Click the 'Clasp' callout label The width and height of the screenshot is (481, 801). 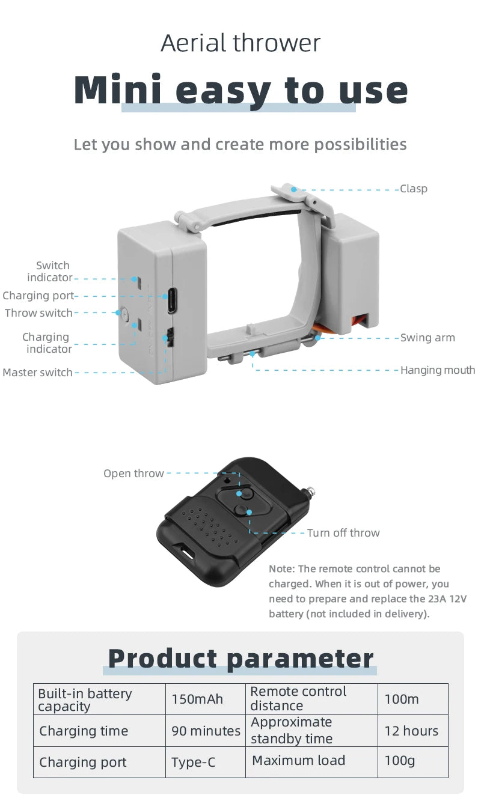pyautogui.click(x=414, y=189)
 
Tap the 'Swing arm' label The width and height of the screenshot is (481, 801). pyautogui.click(x=427, y=338)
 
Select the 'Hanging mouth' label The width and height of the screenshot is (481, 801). pyautogui.click(x=438, y=370)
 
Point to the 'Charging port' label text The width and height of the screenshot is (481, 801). pyautogui.click(x=38, y=296)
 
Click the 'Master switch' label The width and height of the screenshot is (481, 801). pyautogui.click(x=37, y=373)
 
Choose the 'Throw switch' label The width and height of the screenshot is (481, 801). pyautogui.click(x=38, y=313)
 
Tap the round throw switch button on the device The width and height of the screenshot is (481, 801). pyautogui.click(x=124, y=313)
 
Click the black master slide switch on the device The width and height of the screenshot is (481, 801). pyautogui.click(x=170, y=338)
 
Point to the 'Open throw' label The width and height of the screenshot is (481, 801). pyautogui.click(x=133, y=474)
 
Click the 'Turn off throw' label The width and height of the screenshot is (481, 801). pyautogui.click(x=343, y=533)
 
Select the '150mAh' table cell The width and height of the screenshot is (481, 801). pyautogui.click(x=197, y=699)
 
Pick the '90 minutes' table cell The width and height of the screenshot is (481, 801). pyautogui.click(x=206, y=731)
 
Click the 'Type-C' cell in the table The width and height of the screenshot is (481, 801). pyautogui.click(x=193, y=763)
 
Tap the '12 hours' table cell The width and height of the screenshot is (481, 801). pyautogui.click(x=412, y=731)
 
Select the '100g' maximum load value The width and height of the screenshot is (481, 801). pyautogui.click(x=400, y=761)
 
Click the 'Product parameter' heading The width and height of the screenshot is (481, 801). pyautogui.click(x=240, y=659)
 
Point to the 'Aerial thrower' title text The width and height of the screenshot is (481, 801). pyautogui.click(x=240, y=43)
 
